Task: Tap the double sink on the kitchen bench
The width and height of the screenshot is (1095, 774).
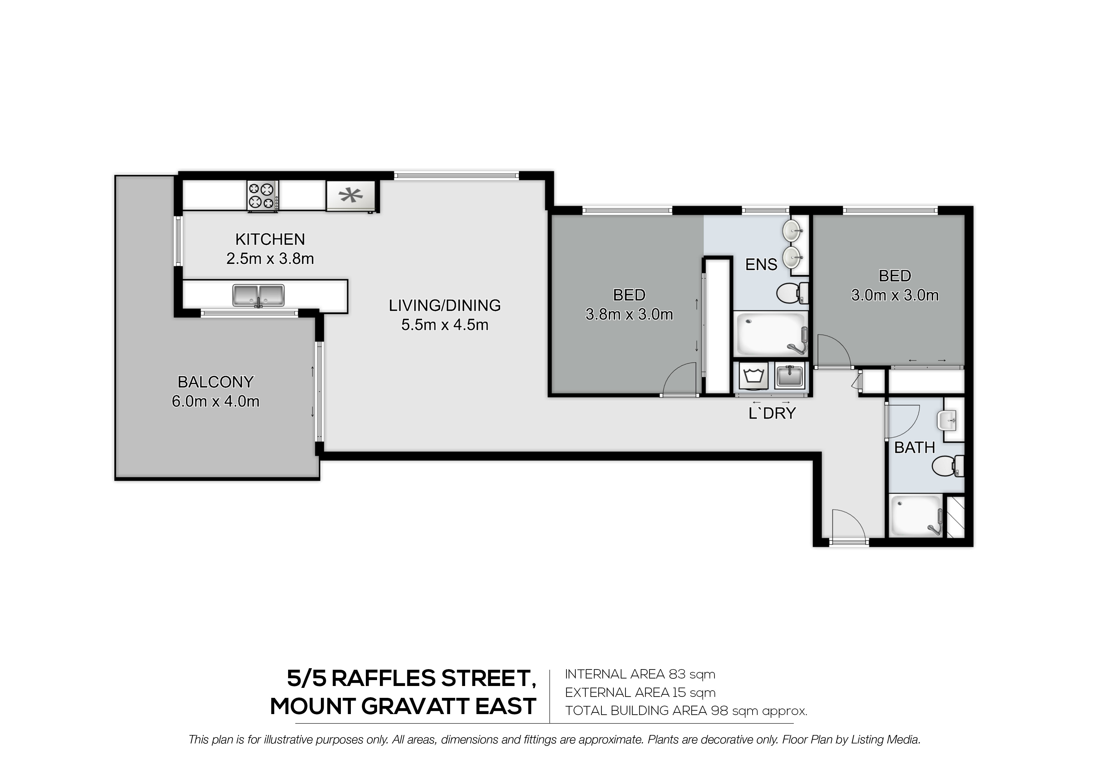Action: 258,296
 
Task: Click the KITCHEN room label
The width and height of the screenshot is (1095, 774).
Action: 270,239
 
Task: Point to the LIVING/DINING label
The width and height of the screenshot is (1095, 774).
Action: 444,305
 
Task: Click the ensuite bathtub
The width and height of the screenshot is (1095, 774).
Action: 771,334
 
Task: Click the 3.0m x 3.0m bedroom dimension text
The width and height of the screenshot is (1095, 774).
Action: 895,296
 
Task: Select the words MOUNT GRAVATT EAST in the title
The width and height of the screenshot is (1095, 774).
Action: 403,706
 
